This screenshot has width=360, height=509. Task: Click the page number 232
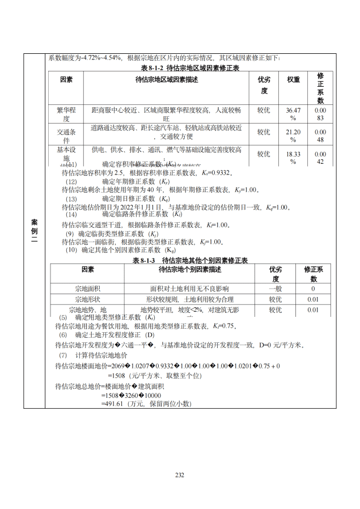click(x=180, y=474)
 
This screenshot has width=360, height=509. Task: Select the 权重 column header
click(x=293, y=80)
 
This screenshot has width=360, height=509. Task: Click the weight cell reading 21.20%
click(x=293, y=135)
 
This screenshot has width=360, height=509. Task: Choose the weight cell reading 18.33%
click(x=293, y=157)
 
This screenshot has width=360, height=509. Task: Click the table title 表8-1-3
click(x=190, y=260)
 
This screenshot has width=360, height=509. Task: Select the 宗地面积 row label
click(x=87, y=289)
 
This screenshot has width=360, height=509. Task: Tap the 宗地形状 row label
click(x=87, y=299)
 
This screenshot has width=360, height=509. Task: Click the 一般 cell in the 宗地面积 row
click(x=276, y=289)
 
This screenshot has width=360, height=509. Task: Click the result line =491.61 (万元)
click(x=146, y=404)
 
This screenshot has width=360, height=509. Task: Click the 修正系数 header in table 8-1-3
click(x=313, y=274)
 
